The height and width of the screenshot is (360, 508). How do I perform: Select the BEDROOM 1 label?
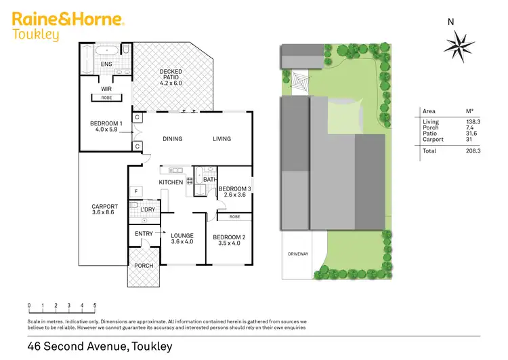point(104,126)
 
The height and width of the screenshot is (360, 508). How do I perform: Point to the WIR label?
point(106,88)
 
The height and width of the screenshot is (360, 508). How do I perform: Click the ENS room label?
point(106,64)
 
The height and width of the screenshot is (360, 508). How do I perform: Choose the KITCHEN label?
point(171,182)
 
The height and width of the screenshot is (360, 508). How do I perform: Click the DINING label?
point(173,139)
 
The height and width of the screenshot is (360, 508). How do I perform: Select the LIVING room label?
point(221,139)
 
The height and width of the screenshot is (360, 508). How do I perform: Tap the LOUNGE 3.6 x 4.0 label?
point(182,239)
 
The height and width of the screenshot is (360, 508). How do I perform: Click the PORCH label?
point(144,266)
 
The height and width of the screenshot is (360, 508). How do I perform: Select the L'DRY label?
point(148,209)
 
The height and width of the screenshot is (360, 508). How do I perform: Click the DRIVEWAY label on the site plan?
point(298,254)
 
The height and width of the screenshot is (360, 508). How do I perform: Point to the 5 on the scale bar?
point(95,306)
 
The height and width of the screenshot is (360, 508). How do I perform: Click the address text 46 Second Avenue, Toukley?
point(100,346)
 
